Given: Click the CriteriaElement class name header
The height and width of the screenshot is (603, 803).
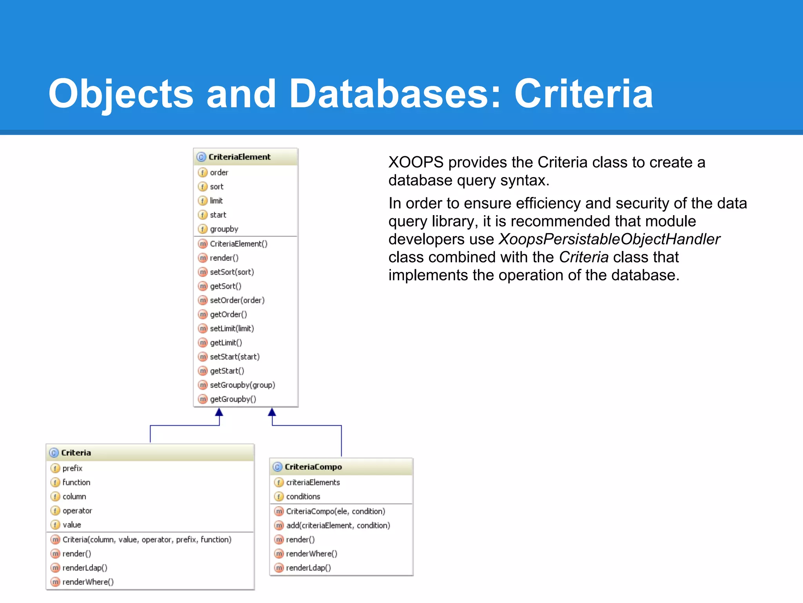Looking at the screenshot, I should (x=239, y=157).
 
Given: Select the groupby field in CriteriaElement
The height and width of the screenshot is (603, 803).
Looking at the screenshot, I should (x=224, y=229).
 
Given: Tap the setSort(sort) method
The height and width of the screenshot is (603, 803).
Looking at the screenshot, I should (x=232, y=272).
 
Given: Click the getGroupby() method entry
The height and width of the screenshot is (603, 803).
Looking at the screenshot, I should (x=233, y=399).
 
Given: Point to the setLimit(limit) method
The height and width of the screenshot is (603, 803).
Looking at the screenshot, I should (x=232, y=329).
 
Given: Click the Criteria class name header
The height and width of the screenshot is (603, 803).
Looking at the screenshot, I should (x=76, y=453).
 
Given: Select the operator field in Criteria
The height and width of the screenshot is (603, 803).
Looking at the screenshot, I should (x=77, y=511).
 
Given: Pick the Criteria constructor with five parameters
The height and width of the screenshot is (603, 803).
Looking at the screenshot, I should (x=147, y=540).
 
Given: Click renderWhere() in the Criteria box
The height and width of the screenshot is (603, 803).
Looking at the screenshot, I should (x=88, y=582).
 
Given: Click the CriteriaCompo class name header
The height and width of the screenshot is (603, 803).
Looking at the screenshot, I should (x=313, y=467).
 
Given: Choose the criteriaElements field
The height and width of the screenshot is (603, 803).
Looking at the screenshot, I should (x=313, y=482).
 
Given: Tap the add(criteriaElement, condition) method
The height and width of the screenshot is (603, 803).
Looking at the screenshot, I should (x=338, y=526).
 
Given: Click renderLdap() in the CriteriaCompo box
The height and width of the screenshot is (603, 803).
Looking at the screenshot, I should (x=308, y=568).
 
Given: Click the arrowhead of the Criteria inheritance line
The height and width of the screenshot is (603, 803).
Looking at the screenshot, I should (x=219, y=412).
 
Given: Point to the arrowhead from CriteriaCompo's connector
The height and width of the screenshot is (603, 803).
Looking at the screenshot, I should (x=272, y=412).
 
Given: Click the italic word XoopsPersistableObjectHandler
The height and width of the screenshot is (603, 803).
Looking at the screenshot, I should (x=609, y=239).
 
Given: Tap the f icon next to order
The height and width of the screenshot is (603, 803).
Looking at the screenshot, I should (x=202, y=173).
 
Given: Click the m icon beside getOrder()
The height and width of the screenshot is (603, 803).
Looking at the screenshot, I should (x=202, y=314).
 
